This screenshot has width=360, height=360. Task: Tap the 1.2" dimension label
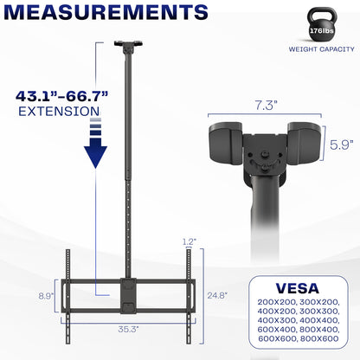click(190, 241)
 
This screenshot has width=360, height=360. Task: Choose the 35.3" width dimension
click(127, 329)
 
